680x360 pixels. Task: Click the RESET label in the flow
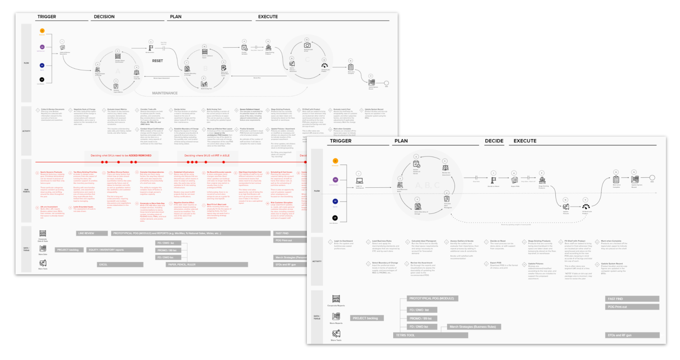[157, 61]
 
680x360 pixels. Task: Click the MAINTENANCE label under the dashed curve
[165, 93]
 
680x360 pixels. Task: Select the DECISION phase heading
[104, 17]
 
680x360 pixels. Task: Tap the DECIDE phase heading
[494, 141]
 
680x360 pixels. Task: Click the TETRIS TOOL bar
[430, 335]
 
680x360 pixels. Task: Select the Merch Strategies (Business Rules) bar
[474, 327]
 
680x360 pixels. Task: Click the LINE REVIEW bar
[91, 233]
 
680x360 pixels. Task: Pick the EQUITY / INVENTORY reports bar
[115, 250]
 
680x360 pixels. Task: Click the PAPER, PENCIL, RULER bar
[207, 265]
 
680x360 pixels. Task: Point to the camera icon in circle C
[307, 45]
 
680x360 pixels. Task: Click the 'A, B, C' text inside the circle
[427, 185]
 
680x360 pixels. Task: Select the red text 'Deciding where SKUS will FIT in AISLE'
[207, 156]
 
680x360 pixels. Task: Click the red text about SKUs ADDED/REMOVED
[121, 156]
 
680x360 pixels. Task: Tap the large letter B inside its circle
[205, 69]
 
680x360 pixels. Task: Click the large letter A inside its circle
[118, 71]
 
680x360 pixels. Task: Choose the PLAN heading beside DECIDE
[401, 141]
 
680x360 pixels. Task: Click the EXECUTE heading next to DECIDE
[525, 141]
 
